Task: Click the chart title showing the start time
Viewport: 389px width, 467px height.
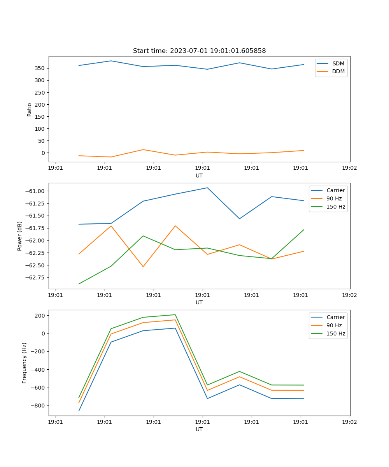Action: (x=199, y=51)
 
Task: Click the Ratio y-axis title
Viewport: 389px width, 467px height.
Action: (x=30, y=109)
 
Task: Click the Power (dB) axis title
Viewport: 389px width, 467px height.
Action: (x=20, y=236)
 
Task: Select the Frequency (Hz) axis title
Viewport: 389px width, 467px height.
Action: (x=25, y=363)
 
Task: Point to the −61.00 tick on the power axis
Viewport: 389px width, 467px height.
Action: (x=36, y=191)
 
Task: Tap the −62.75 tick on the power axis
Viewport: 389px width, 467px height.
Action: (x=36, y=277)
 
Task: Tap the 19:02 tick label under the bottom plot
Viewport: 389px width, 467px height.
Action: (x=349, y=422)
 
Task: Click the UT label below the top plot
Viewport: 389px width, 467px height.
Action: (x=199, y=176)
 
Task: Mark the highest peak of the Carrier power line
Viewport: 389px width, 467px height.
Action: (x=207, y=188)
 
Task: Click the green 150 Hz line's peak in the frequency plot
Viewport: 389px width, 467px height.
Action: (x=175, y=314)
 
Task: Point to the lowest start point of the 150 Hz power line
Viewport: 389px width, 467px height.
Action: (x=79, y=284)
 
